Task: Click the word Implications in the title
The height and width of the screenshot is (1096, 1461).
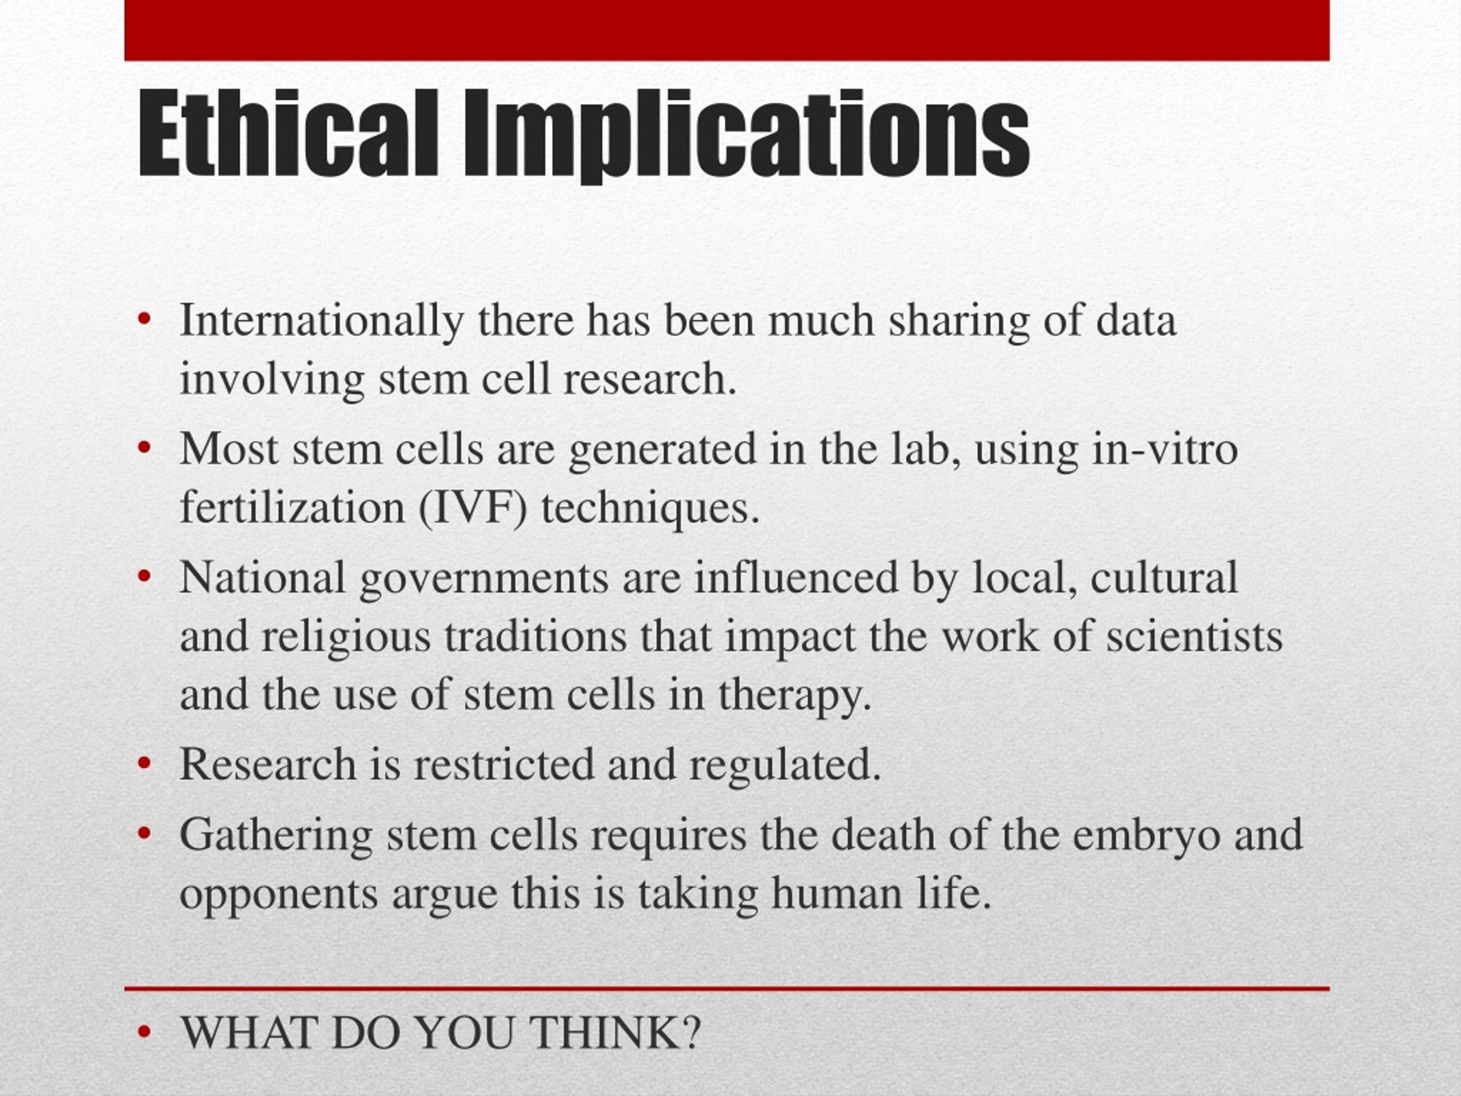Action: [x=746, y=135]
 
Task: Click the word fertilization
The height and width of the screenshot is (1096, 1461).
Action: [x=292, y=508]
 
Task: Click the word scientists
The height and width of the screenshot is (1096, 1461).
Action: [x=1194, y=637]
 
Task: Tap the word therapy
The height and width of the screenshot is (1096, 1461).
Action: [x=794, y=696]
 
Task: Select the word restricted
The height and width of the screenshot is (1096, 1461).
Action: [x=504, y=764]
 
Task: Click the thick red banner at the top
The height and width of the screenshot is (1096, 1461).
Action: [x=727, y=30]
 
